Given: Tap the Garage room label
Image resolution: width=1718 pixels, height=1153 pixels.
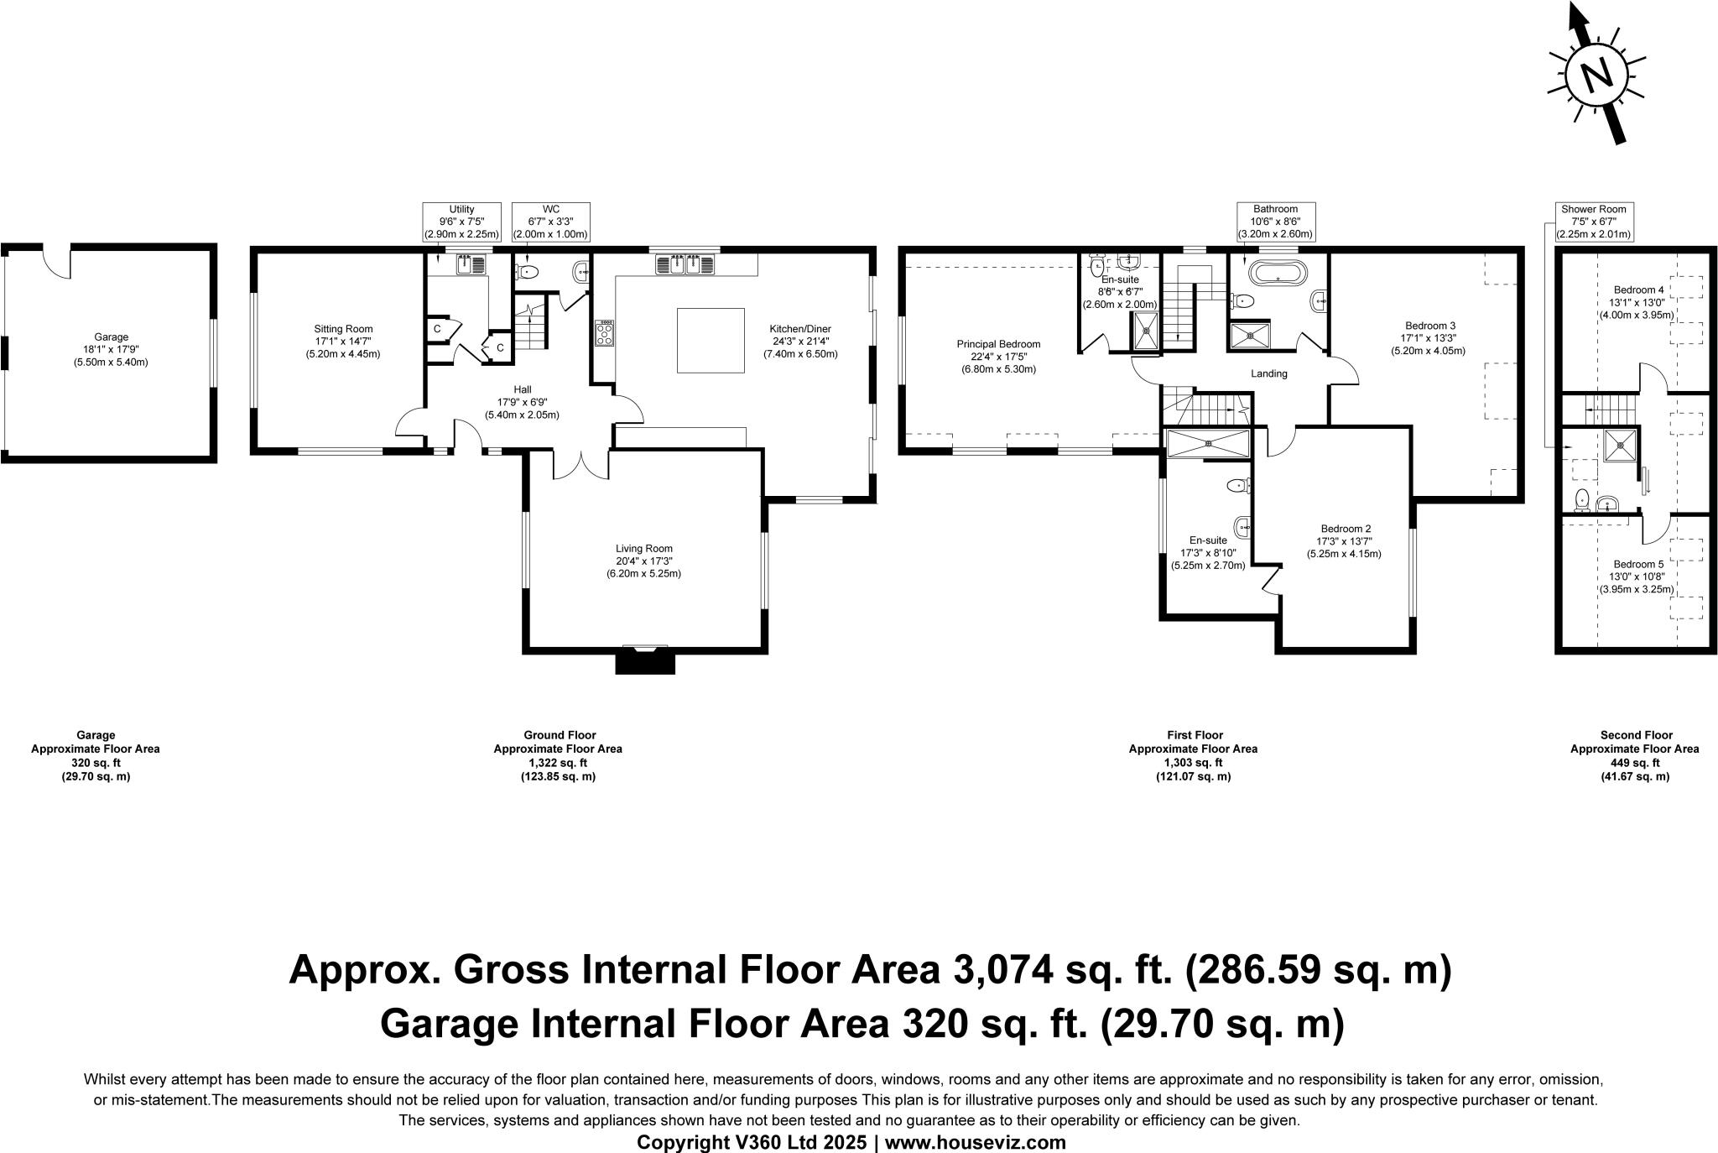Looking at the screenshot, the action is coord(112,337).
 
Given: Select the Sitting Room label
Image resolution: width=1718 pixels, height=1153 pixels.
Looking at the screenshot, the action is coord(343,329).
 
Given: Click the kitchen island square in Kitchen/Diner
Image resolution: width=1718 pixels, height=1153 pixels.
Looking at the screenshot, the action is coord(711,340).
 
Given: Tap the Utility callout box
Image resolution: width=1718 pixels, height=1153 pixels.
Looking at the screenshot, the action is coord(462,222).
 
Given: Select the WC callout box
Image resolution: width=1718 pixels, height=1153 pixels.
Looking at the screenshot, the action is coord(551,222).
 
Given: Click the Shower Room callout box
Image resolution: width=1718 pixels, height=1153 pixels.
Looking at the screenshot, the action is coord(1593,222).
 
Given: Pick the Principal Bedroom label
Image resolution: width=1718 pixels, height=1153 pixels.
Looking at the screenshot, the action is coord(998,344).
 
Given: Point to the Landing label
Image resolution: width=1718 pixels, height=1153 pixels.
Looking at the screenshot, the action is coord(1268,373).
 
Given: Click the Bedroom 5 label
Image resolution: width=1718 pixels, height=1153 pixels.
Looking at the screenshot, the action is coord(1614,564).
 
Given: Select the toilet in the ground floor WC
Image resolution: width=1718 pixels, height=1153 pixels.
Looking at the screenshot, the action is coord(526,271).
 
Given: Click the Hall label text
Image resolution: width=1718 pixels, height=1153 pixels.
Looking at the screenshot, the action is coord(522,389).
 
